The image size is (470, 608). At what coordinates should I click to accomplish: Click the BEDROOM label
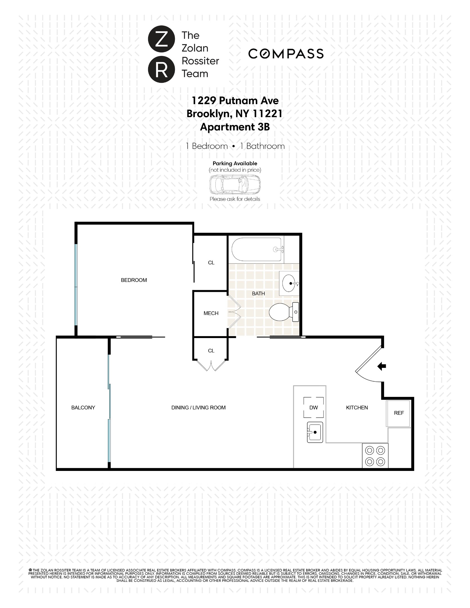point(134,280)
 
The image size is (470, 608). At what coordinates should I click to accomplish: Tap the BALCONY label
point(83,408)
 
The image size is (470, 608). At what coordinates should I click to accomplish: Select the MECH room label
point(211,313)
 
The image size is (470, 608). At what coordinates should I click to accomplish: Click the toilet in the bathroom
point(283,312)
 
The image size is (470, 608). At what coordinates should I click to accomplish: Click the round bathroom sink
point(289,283)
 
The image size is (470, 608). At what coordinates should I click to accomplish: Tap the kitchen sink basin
point(315,432)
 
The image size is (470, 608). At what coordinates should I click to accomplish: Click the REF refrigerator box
point(399,413)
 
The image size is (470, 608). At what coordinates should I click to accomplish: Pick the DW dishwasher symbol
point(313,408)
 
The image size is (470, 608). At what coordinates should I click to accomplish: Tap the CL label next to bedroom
point(211,263)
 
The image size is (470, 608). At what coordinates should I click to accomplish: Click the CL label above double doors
point(211,351)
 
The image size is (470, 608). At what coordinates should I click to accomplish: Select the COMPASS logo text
point(286,54)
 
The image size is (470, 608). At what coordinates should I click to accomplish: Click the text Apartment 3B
point(235,127)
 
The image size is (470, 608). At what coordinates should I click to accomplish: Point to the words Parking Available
point(235,163)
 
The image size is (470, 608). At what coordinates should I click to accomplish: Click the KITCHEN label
point(357,408)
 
